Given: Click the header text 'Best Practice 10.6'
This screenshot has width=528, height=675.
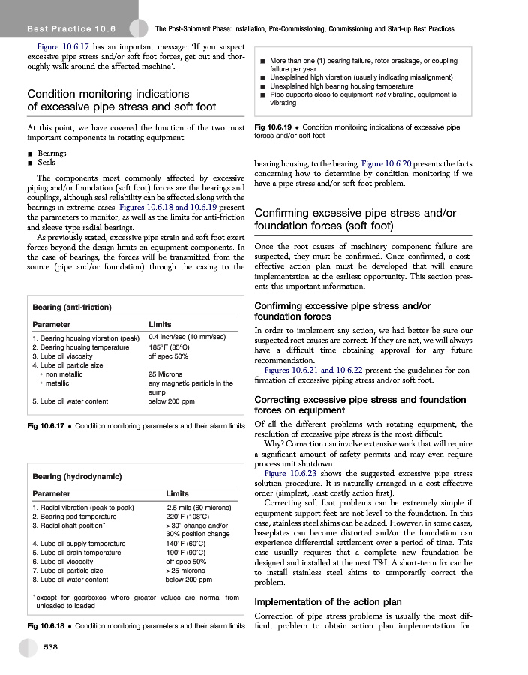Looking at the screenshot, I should click(x=70, y=29).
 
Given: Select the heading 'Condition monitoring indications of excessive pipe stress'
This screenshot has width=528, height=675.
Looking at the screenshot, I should click(x=121, y=100).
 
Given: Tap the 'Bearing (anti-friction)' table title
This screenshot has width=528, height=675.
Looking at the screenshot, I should click(x=72, y=307).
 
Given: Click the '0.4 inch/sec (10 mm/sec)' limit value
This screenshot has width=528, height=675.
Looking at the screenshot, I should click(x=187, y=337).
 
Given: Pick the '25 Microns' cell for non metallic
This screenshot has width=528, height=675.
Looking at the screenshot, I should click(x=166, y=373).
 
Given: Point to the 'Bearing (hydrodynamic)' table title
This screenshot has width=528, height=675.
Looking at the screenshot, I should click(x=77, y=476).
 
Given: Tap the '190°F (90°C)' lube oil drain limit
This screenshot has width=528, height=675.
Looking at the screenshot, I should click(x=186, y=553).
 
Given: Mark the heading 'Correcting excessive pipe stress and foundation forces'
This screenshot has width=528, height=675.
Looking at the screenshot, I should click(x=360, y=405).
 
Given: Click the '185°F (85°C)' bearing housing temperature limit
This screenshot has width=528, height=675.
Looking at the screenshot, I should click(x=169, y=347).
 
